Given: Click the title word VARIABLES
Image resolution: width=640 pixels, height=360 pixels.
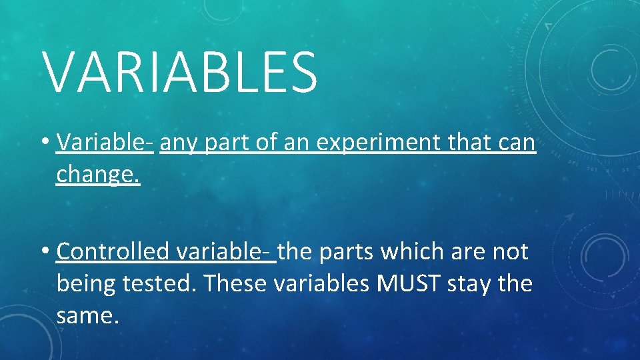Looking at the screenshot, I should point(181,71).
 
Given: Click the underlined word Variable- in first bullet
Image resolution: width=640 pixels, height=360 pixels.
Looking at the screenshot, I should point(105,142).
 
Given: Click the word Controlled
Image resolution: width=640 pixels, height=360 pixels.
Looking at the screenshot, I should point(113,251).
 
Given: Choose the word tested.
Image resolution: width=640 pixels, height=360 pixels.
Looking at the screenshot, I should point(159,283).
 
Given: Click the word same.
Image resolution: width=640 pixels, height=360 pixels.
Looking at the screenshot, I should point(87,315).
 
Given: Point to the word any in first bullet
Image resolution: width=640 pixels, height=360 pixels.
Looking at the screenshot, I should point(179,143).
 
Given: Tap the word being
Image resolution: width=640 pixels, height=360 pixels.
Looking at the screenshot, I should point(86,284).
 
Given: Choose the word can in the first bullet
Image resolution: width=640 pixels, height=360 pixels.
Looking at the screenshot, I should point(517,142).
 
